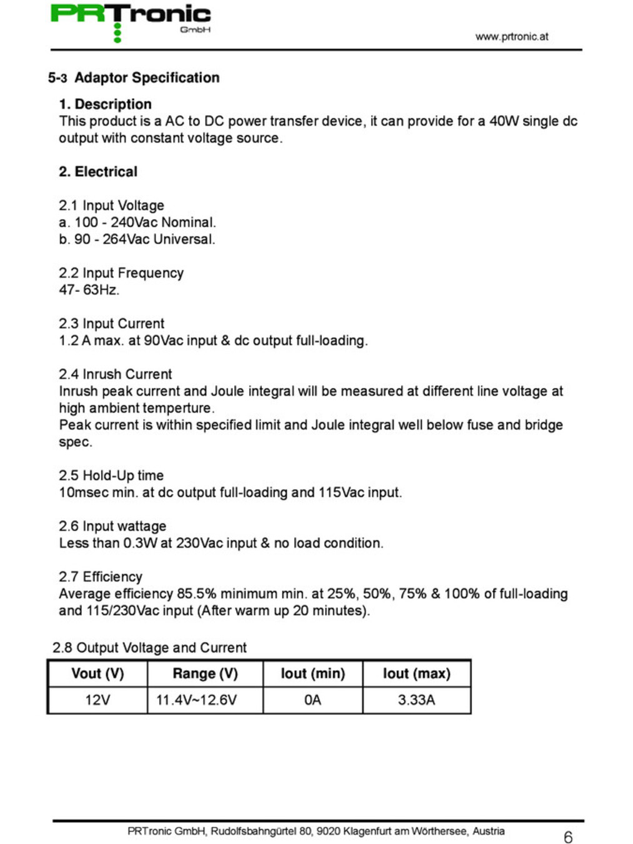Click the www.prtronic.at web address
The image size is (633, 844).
point(511,36)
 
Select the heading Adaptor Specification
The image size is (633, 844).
point(147,78)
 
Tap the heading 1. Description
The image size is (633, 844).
point(105,104)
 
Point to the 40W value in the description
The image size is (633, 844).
point(504,121)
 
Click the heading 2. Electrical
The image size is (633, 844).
point(98,171)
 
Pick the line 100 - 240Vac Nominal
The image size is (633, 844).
point(137,222)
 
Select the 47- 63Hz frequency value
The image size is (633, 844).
point(89,289)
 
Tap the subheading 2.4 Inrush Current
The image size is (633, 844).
point(115,374)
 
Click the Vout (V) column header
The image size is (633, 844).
point(97,673)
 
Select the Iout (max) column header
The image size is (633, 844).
point(416,673)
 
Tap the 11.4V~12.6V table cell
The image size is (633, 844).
point(196,700)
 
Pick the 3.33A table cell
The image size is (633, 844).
point(416,700)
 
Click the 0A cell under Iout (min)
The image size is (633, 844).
point(312,700)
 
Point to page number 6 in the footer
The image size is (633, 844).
point(567,836)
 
